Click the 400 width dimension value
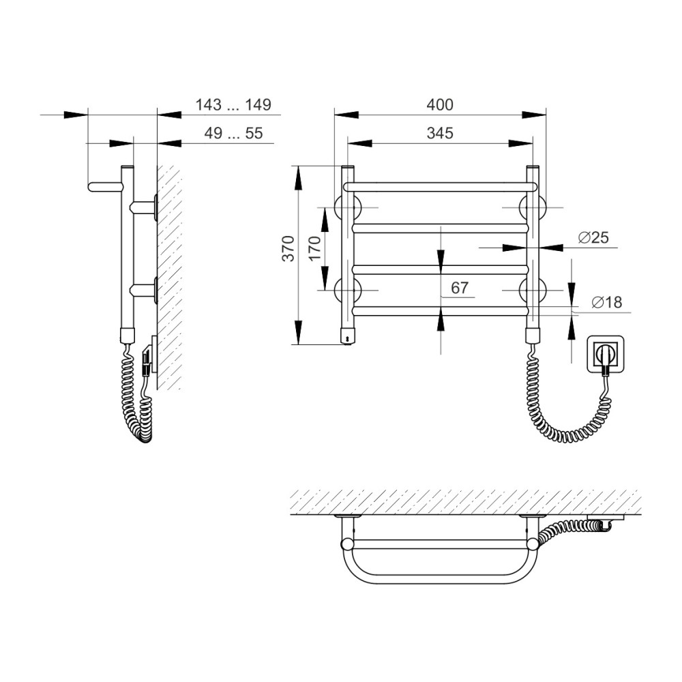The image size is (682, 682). click(440, 105)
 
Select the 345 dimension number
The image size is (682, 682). click(440, 133)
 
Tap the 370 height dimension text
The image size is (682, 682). click(288, 248)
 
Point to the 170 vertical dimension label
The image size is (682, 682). click(315, 248)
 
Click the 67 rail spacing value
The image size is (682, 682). click(460, 288)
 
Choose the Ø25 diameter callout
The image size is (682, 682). click(593, 237)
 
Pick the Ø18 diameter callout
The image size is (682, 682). click(607, 302)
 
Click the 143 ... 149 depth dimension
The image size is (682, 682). click(233, 105)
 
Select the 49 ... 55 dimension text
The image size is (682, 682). click(233, 133)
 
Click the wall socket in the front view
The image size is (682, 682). click(606, 353)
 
